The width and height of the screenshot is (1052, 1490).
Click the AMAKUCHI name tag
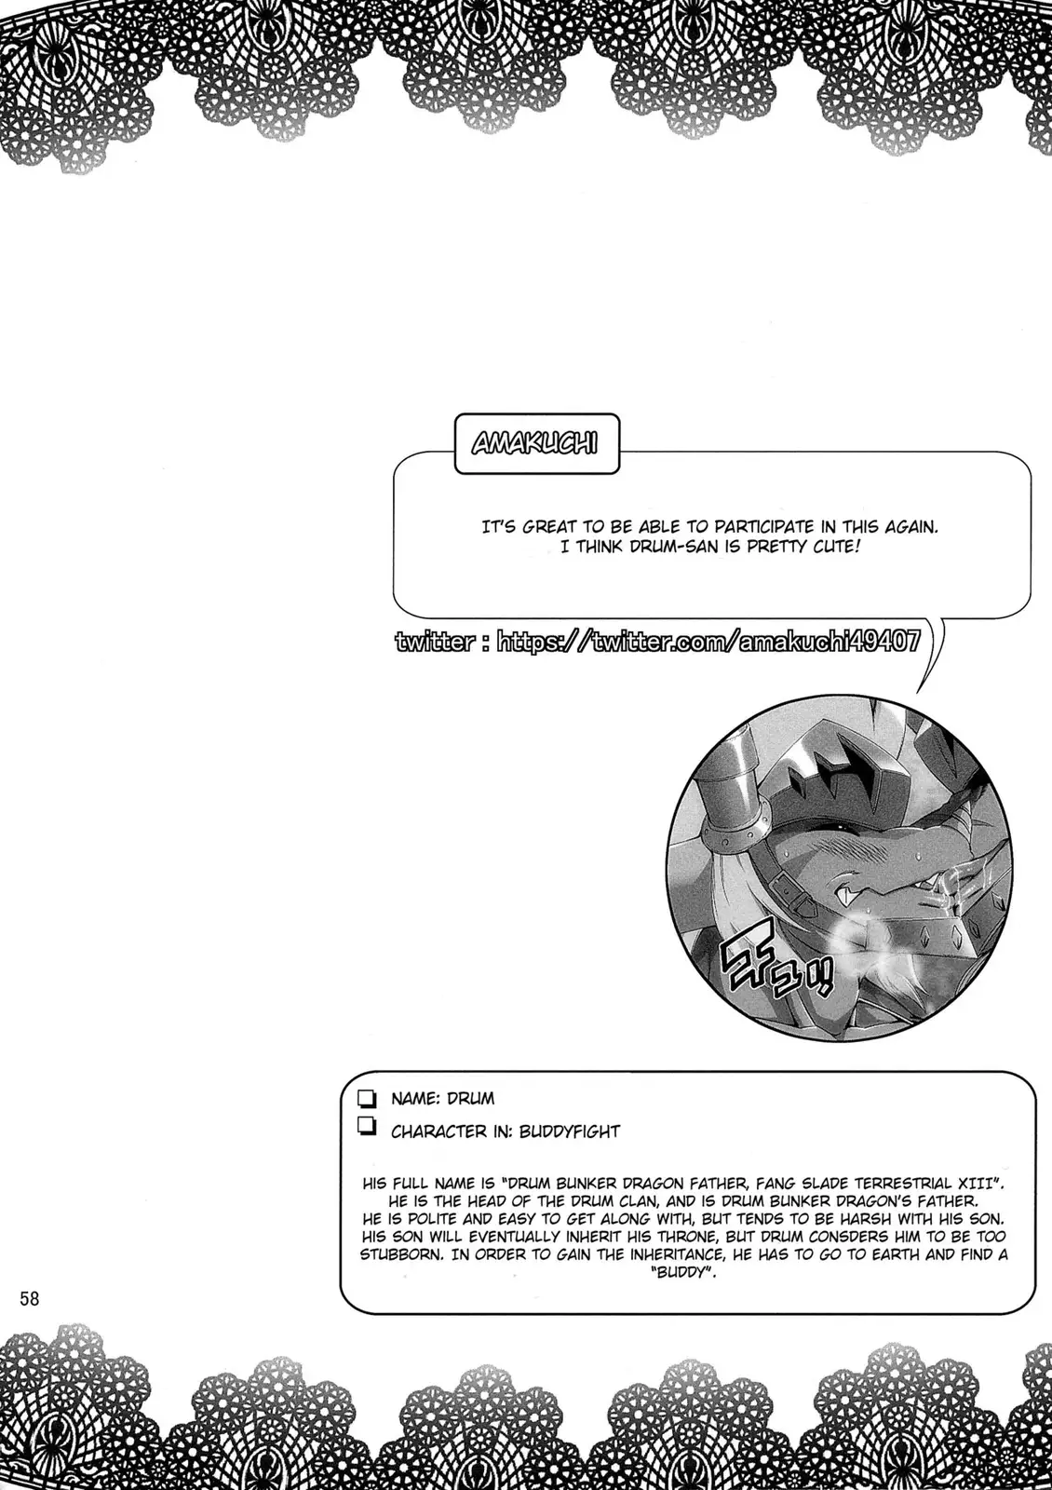534,443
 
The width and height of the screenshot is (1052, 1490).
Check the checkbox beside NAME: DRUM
366,1099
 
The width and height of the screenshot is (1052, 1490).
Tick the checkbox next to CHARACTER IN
366,1130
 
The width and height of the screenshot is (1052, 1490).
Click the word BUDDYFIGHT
569,1131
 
